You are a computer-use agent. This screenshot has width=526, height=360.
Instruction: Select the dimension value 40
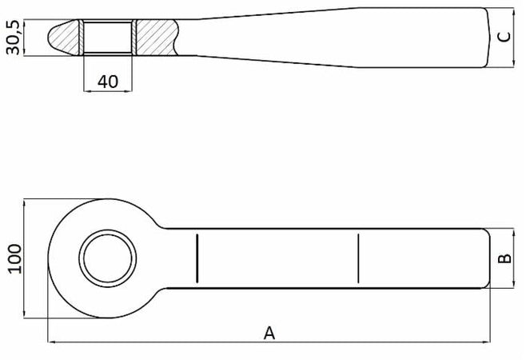click(108, 80)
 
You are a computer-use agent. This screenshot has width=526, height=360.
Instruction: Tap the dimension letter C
click(502, 37)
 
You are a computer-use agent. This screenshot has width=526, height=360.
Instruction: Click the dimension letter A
click(269, 332)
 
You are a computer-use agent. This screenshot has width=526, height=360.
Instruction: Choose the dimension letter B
click(504, 258)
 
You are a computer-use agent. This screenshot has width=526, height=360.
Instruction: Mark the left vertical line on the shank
click(195, 258)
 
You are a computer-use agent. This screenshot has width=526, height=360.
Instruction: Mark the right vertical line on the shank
click(359, 258)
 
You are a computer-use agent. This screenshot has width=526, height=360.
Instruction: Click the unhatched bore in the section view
click(108, 37)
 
